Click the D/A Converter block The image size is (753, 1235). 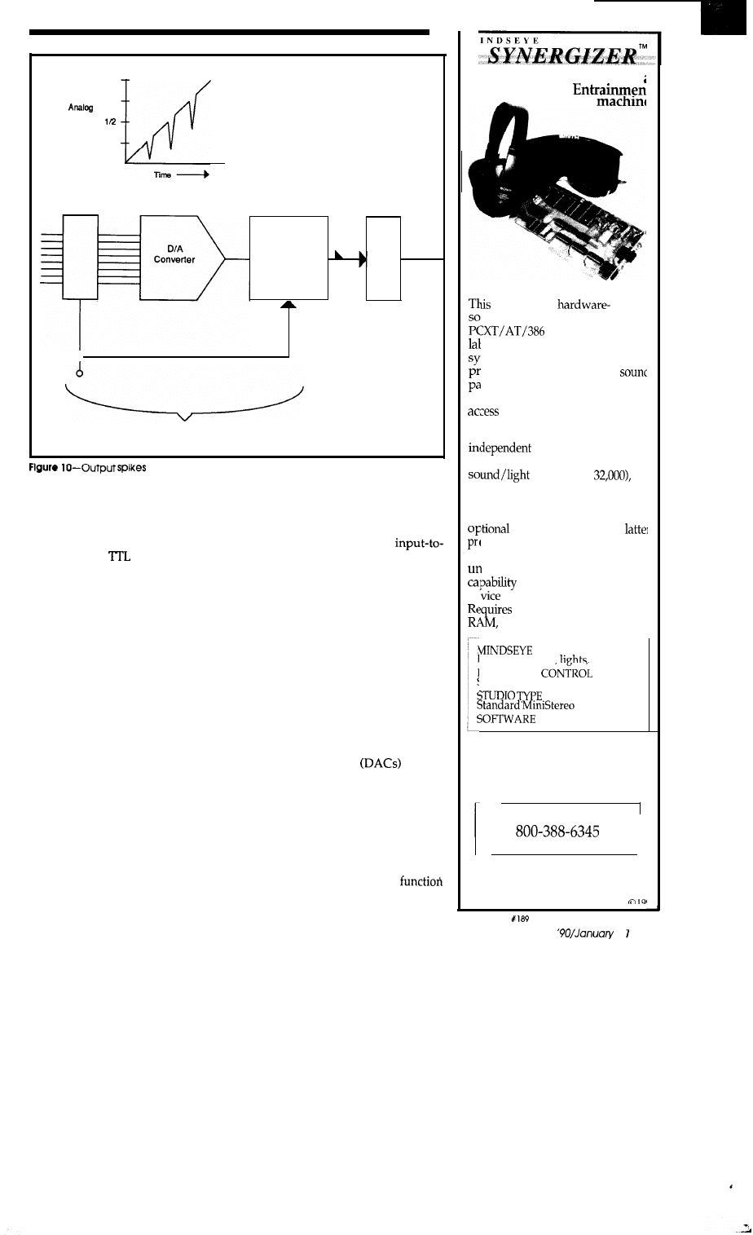point(174,258)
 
